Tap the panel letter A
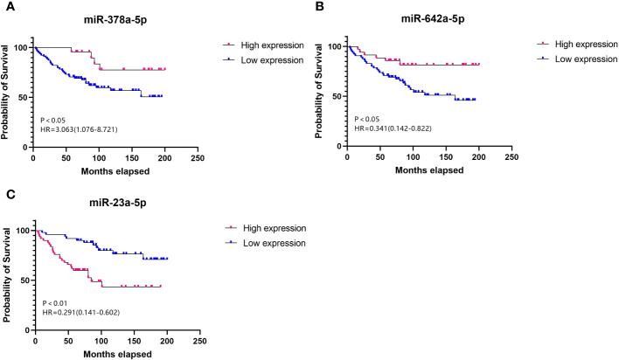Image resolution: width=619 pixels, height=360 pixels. [x=6, y=6]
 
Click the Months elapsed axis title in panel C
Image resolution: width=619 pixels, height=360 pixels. [x=115, y=354]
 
